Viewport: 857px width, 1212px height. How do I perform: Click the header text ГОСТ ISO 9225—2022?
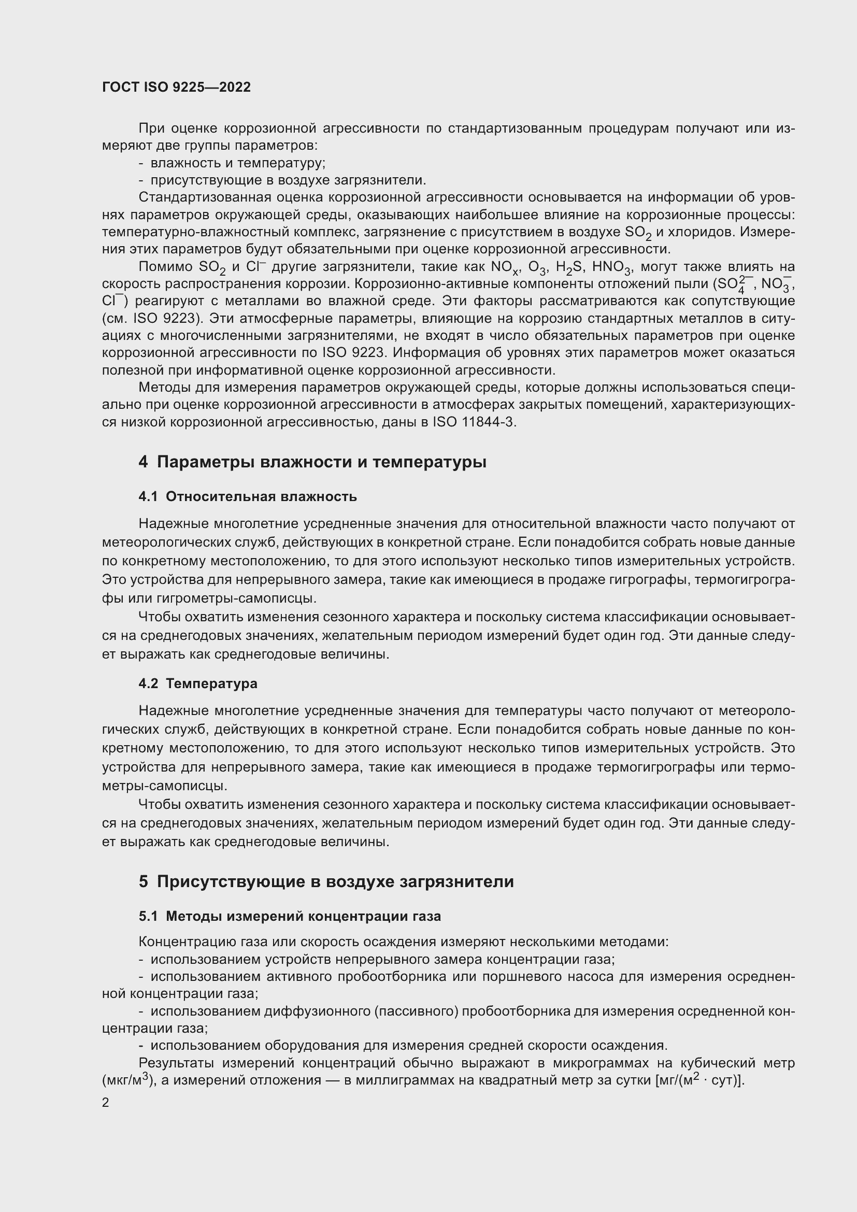tap(176, 87)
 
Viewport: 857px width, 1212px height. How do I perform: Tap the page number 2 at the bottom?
tap(106, 1102)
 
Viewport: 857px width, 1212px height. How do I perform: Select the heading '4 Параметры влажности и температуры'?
tap(312, 462)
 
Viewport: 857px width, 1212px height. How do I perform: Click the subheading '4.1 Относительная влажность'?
tap(248, 497)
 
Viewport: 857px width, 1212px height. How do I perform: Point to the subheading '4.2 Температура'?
tap(198, 683)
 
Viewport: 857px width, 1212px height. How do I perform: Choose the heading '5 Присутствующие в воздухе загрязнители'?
tap(326, 881)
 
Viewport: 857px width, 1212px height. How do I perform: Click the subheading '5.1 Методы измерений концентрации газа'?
tap(290, 917)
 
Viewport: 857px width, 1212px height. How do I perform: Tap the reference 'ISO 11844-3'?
tap(474, 422)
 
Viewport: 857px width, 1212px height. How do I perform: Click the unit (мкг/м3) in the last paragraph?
tap(127, 1080)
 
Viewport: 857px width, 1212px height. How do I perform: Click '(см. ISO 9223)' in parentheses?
tap(153, 318)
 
